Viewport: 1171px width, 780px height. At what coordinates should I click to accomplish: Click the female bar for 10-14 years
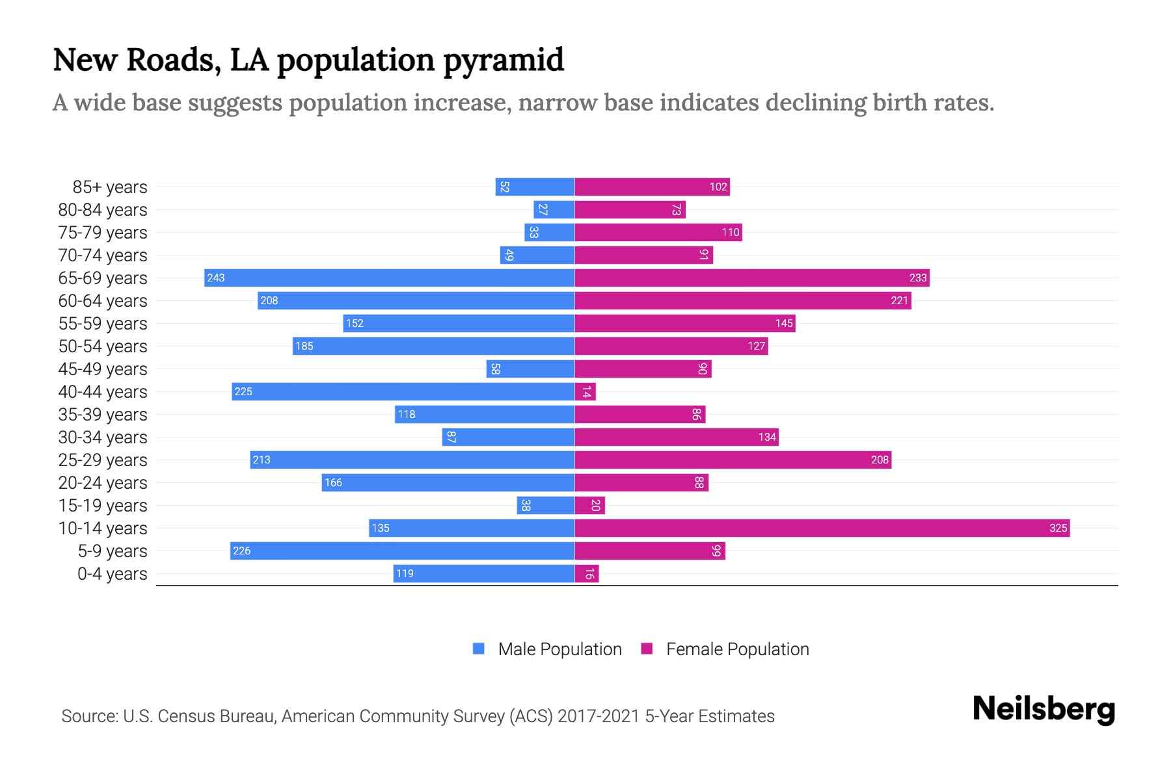[822, 528]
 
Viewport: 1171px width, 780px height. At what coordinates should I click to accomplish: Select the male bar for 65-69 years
[389, 278]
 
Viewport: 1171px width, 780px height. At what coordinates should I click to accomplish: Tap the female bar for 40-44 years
[585, 391]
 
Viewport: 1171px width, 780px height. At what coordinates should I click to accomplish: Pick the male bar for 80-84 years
[554, 209]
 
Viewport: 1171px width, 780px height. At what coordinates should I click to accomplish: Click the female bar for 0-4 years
[586, 573]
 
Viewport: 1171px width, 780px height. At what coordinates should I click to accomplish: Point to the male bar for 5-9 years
[402, 551]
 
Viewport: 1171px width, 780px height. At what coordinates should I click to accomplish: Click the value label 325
[1058, 528]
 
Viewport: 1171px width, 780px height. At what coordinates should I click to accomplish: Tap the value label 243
[215, 278]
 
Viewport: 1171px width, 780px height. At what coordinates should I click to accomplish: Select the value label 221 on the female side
[899, 300]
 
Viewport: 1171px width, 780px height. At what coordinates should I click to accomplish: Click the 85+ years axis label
[109, 187]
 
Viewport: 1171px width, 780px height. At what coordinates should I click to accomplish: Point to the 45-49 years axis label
[103, 369]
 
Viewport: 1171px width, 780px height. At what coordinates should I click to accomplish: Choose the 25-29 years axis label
[103, 460]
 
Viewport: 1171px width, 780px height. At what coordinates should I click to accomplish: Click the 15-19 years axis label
[103, 506]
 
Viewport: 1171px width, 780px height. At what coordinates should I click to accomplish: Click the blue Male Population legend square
[479, 649]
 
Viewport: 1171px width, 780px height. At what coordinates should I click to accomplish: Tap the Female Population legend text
[737, 649]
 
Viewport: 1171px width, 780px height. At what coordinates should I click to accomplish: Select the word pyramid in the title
[504, 60]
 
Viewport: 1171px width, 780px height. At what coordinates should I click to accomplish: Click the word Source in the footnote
[89, 716]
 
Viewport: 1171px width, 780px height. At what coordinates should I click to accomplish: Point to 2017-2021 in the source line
[599, 716]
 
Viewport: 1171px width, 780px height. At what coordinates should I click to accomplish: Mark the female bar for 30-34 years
[677, 437]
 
